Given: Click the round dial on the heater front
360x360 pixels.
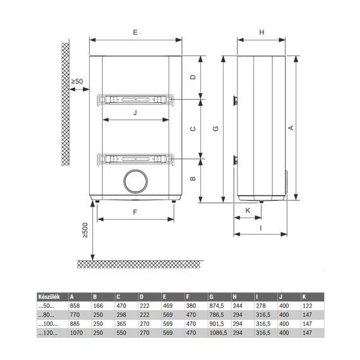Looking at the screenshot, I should click(x=136, y=181).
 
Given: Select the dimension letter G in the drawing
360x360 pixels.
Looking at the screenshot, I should click(x=215, y=129).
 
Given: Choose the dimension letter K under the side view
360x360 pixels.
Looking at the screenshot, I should click(x=248, y=210).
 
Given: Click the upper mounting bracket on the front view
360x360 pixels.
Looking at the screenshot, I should click(x=136, y=99).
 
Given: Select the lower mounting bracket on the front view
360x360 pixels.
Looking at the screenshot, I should click(x=136, y=159).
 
